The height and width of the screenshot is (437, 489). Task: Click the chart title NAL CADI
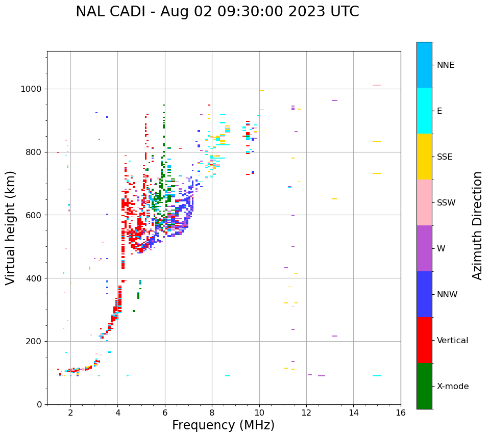(217, 12)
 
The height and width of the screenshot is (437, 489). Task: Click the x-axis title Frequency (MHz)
(223, 425)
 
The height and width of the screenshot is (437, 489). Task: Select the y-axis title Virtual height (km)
(11, 228)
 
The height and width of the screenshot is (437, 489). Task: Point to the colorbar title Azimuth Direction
(477, 225)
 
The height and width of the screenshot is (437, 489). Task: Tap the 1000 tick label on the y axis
(31, 89)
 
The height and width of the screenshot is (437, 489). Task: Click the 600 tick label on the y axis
(34, 215)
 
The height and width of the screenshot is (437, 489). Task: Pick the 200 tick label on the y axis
(34, 341)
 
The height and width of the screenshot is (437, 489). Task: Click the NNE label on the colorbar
(445, 65)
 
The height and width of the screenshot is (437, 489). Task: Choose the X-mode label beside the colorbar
(452, 387)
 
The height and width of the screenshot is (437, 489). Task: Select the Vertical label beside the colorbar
(452, 341)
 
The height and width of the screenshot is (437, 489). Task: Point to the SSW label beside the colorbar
(446, 203)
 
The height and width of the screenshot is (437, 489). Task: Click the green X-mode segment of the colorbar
(424, 386)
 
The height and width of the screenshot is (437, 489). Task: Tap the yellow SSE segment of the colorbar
(424, 157)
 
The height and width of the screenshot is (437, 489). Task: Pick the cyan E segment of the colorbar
(424, 111)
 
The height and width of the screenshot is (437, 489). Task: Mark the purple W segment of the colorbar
(424, 248)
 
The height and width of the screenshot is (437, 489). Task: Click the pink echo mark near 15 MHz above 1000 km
(377, 85)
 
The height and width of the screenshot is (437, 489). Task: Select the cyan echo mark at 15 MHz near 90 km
(377, 376)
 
